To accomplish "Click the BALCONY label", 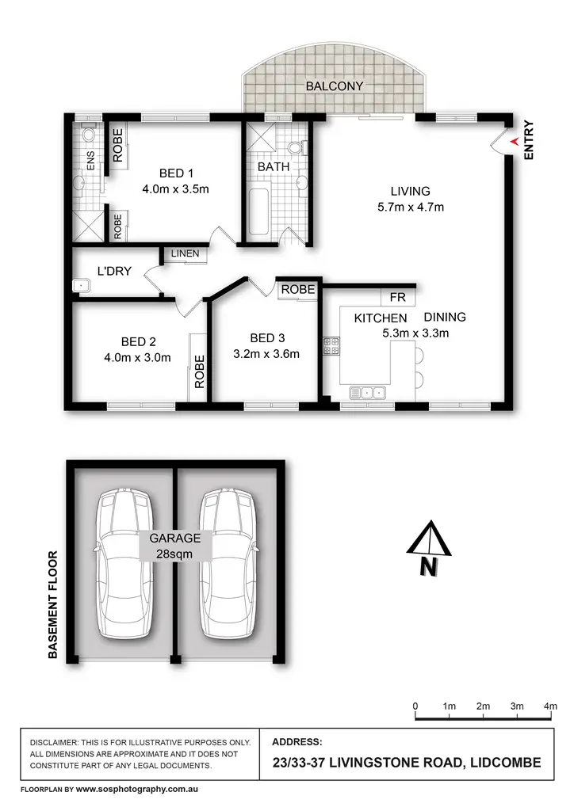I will [334, 86].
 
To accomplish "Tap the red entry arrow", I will [514, 141].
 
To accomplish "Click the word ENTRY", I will [530, 140].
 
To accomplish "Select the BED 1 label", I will [176, 173].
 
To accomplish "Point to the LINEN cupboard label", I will [185, 254].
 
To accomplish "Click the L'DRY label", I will [114, 272].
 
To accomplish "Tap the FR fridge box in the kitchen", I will [397, 297].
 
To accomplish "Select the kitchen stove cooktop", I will [331, 346].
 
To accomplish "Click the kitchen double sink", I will [368, 391].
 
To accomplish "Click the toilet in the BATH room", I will [297, 147].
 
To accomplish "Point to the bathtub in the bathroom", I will [258, 210].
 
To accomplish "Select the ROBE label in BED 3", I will [298, 290].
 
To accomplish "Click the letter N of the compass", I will [428, 566].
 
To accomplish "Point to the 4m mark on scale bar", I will [551, 706].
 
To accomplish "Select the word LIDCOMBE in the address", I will [504, 763].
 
